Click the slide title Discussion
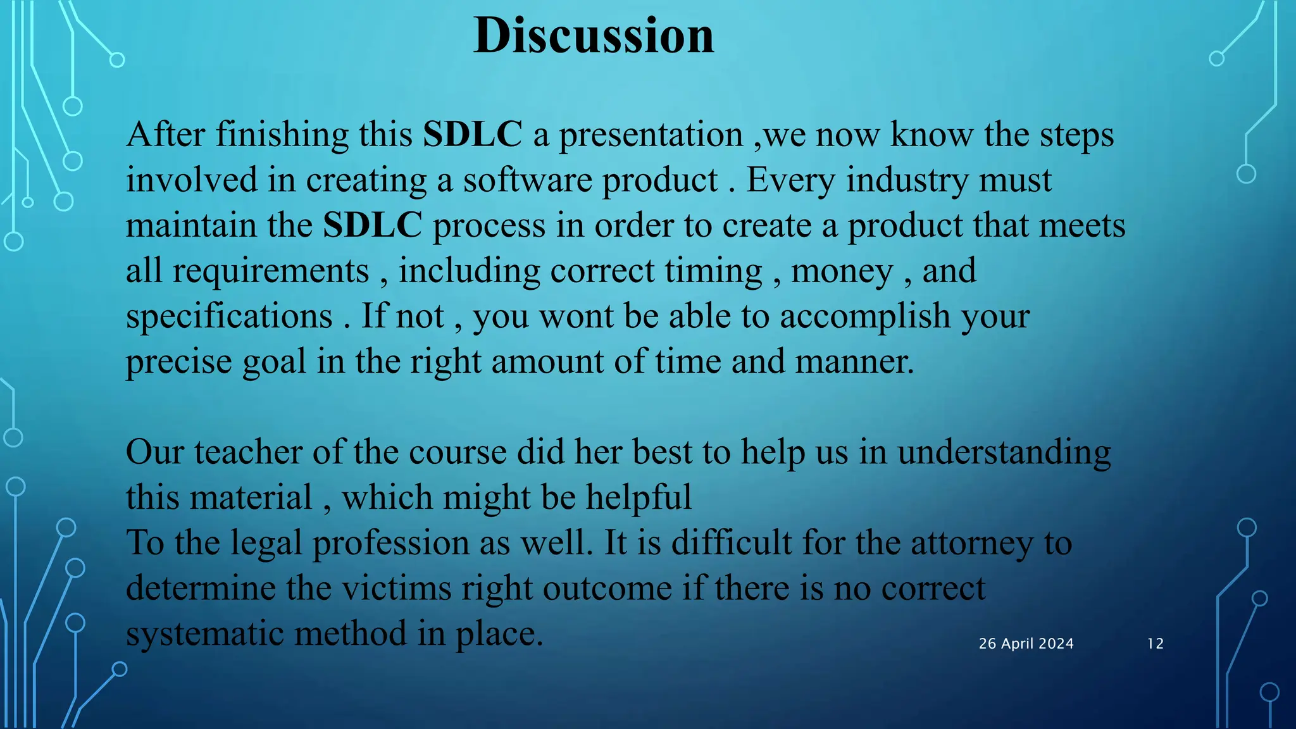click(594, 35)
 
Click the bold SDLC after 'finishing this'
click(472, 135)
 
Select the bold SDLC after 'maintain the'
click(372, 225)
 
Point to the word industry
click(906, 181)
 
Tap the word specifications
click(229, 316)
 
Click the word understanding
click(1004, 453)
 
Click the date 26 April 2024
click(1026, 644)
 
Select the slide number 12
click(1155, 644)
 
